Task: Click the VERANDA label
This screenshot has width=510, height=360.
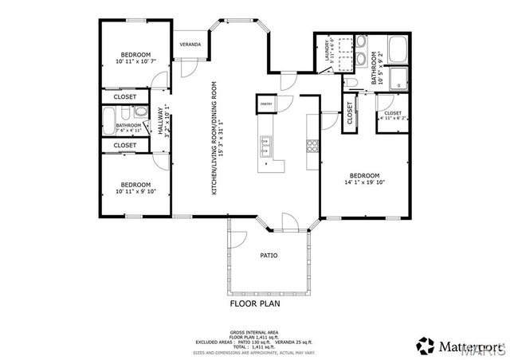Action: (190, 44)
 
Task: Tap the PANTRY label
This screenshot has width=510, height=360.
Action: (265, 102)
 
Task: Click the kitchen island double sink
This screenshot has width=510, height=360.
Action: (265, 145)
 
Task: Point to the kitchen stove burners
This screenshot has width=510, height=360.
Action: (312, 146)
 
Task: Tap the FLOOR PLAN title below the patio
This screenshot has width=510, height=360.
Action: (255, 303)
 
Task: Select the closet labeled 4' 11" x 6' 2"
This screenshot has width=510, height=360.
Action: (392, 115)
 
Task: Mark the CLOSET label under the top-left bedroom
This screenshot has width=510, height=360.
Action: (125, 97)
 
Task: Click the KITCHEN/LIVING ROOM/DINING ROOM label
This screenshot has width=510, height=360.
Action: (214, 137)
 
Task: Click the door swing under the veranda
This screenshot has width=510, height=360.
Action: (189, 67)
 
